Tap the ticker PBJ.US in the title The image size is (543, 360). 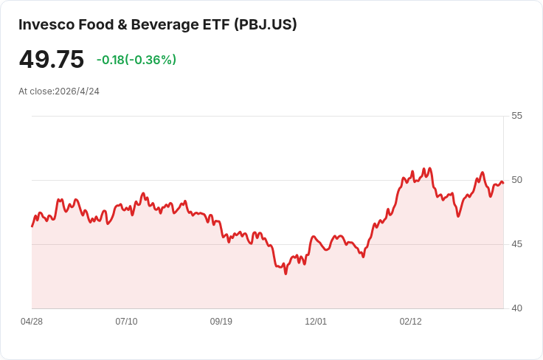266,24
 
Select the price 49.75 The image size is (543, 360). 52,60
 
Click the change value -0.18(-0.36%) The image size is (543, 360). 136,60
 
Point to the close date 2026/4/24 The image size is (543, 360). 77,91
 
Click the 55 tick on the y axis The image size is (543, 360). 516,116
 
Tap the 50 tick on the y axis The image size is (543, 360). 516,180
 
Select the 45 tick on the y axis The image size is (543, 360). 516,244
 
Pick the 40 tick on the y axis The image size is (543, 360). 516,308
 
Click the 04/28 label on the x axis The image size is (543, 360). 32,322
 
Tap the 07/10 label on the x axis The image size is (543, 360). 126,322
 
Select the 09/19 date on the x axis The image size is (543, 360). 221,322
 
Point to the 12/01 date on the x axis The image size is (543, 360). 316,322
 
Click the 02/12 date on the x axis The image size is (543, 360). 410,322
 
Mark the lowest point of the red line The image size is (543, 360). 286,274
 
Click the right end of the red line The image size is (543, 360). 503,183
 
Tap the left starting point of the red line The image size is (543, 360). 32,226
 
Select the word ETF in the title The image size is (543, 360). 214,24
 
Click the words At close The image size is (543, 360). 35,91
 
